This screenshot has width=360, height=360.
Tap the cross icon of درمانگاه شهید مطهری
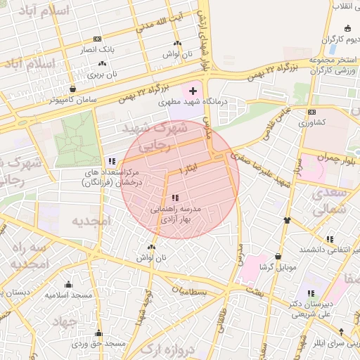[x=193, y=91]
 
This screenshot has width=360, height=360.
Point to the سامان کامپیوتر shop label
[x=73, y=101]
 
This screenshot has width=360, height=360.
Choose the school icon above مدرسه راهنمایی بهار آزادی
[x=175, y=198]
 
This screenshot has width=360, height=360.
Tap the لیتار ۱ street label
[x=190, y=171]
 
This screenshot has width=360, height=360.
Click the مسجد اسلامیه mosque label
[x=69, y=295]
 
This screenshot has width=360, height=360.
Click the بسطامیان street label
[x=191, y=290]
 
